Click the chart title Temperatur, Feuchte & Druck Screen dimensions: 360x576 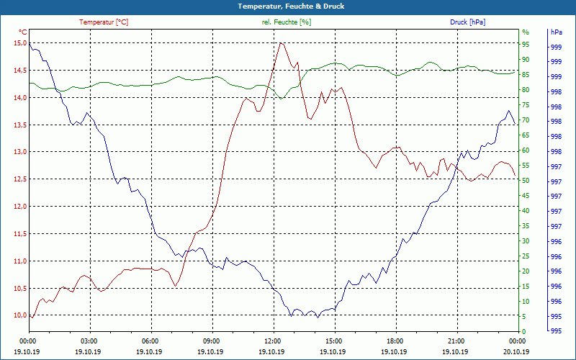pyautogui.click(x=288, y=6)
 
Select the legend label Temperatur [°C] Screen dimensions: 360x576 pyautogui.click(x=104, y=22)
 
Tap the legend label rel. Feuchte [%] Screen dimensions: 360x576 pyautogui.click(x=287, y=22)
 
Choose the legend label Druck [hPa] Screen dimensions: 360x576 pyautogui.click(x=467, y=22)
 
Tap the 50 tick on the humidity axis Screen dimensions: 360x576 pyautogui.click(x=526, y=181)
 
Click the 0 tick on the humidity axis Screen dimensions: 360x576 pyautogui.click(x=524, y=332)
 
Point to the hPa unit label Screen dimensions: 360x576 pyautogui.click(x=557, y=32)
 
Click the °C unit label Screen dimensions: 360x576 pyautogui.click(x=22, y=32)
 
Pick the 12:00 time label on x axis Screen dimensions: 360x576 pyautogui.click(x=273, y=341)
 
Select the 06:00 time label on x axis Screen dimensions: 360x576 pyautogui.click(x=150, y=341)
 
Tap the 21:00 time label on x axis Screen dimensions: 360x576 pyautogui.click(x=456, y=341)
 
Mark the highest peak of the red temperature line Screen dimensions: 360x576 pyautogui.click(x=281, y=42)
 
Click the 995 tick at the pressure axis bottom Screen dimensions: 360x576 pyautogui.click(x=556, y=332)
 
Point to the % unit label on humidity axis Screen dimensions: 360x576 pyautogui.click(x=525, y=32)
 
